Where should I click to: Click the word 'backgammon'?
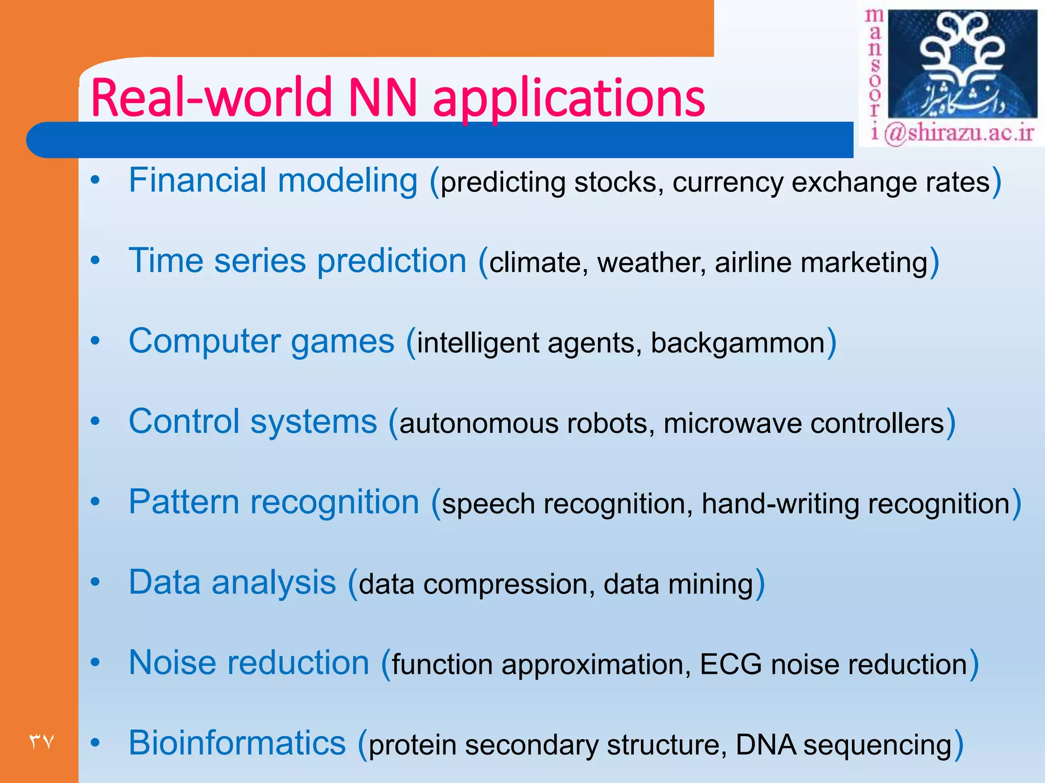click(x=737, y=343)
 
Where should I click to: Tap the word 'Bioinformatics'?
click(x=237, y=743)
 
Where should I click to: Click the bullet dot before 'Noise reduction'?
click(x=95, y=662)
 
